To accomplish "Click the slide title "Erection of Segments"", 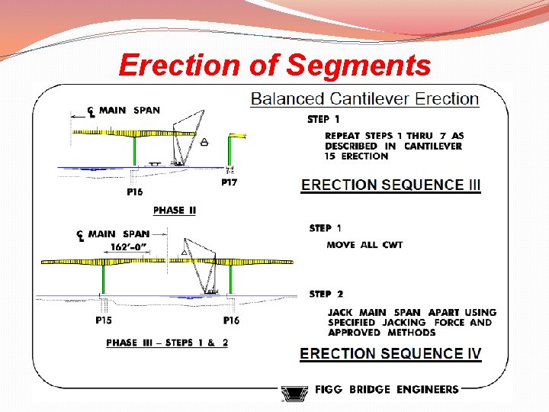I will pos(274,66).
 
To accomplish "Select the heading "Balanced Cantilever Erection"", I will pos(364,98).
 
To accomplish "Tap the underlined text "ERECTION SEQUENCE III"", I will pos(391,185).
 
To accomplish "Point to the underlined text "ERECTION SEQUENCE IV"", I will pos(390,353).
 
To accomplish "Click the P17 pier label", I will pos(229,182).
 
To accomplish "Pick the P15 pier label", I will pos(104,321).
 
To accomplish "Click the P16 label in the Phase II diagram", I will pos(134,192).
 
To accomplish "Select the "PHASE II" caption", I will pos(174,211).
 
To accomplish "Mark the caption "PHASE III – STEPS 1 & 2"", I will pos(167,343).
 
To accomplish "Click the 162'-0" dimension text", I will pos(129,246).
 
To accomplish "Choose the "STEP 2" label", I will pos(326,294).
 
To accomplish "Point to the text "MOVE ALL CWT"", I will pos(364,245).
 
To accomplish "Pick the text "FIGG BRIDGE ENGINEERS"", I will pos(387,389).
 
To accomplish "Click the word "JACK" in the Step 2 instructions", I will pos(341,312).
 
